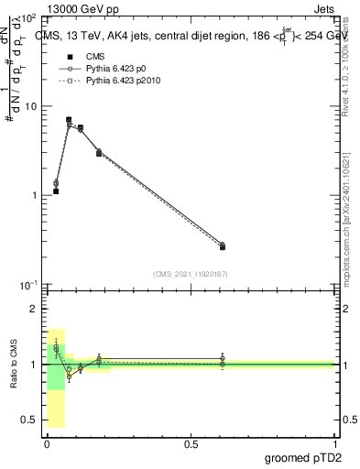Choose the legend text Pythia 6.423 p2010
tap(125, 82)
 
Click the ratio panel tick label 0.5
tap(32, 420)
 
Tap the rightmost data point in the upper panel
tap(223, 246)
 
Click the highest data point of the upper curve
tap(69, 120)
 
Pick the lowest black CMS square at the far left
tap(56, 191)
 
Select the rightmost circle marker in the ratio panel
tap(223, 358)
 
